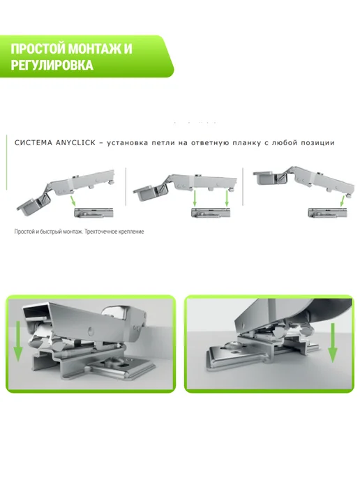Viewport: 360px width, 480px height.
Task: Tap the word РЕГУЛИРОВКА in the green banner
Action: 52,65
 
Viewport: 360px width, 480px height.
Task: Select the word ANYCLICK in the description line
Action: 75,142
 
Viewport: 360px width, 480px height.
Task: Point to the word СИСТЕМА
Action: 33,142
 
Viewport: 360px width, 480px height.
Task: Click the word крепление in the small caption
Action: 129,232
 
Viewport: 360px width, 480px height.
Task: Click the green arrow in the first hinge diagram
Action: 73,201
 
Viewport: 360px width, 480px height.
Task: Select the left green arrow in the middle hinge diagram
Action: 195,198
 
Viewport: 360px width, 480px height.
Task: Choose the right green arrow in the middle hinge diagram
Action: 227,198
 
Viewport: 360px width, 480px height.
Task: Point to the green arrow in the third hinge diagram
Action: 343,201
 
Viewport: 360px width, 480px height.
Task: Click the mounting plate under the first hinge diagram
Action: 94,213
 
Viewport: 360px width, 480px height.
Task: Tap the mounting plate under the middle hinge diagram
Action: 211,213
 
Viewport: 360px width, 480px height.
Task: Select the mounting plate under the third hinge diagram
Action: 327,213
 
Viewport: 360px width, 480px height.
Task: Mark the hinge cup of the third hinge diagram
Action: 265,177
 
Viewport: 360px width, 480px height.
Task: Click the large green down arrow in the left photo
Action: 17,341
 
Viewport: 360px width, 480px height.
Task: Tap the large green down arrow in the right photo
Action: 333,343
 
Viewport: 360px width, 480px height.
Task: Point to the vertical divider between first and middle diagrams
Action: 126,187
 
